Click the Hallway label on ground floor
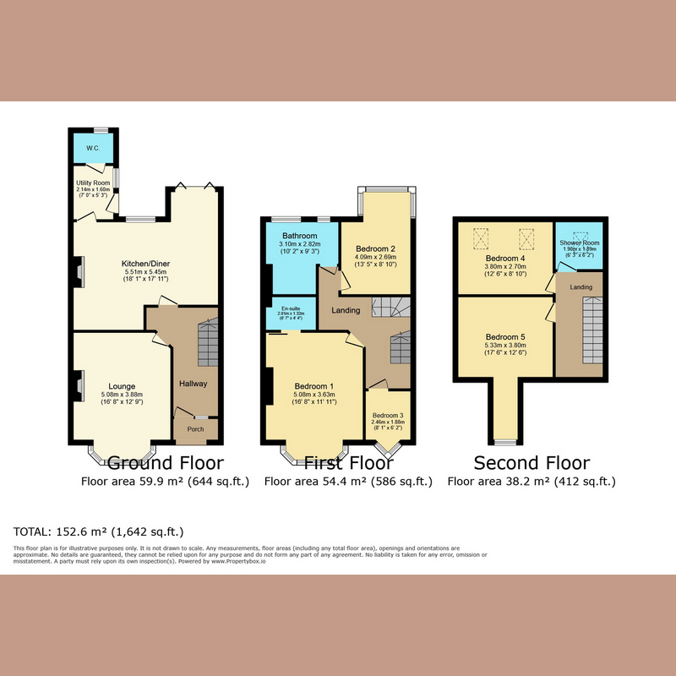[x=193, y=384]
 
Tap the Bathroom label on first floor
[x=300, y=236]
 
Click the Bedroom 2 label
[x=376, y=248]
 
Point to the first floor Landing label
[x=346, y=311]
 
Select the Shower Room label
[x=578, y=243]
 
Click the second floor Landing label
[x=581, y=287]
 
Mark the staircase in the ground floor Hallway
[x=208, y=343]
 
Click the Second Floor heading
[x=532, y=463]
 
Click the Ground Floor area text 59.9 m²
[x=165, y=482]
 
